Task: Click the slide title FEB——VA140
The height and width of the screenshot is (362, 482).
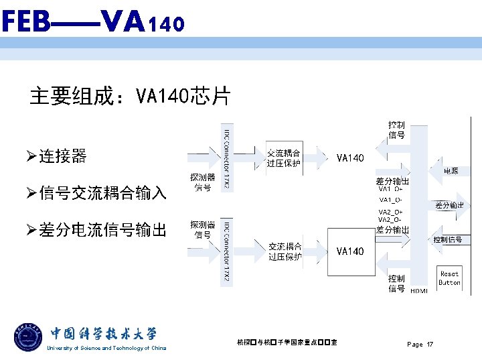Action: (92, 23)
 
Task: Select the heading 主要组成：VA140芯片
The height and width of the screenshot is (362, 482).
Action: (130, 97)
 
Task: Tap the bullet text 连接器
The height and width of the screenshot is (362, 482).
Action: (62, 157)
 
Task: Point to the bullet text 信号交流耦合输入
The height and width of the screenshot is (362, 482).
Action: (102, 194)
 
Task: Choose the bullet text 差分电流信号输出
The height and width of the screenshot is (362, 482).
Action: (102, 231)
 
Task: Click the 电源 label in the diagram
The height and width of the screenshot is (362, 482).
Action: (451, 172)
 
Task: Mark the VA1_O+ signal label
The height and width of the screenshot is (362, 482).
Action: (390, 189)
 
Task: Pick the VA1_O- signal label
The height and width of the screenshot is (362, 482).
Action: (390, 200)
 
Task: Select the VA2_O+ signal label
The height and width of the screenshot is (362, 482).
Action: (390, 212)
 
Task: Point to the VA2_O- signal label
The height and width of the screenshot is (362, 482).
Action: (390, 220)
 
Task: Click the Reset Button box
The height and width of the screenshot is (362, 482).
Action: (449, 278)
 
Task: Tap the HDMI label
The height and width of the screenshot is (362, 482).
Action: (419, 290)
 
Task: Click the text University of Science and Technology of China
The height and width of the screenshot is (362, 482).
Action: (106, 348)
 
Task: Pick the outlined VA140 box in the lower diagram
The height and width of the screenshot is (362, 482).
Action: (351, 251)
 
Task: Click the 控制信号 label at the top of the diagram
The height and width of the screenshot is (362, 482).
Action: (396, 129)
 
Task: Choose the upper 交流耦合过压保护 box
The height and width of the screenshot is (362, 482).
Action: (284, 158)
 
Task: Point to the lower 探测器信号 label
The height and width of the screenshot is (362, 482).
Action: (203, 229)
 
